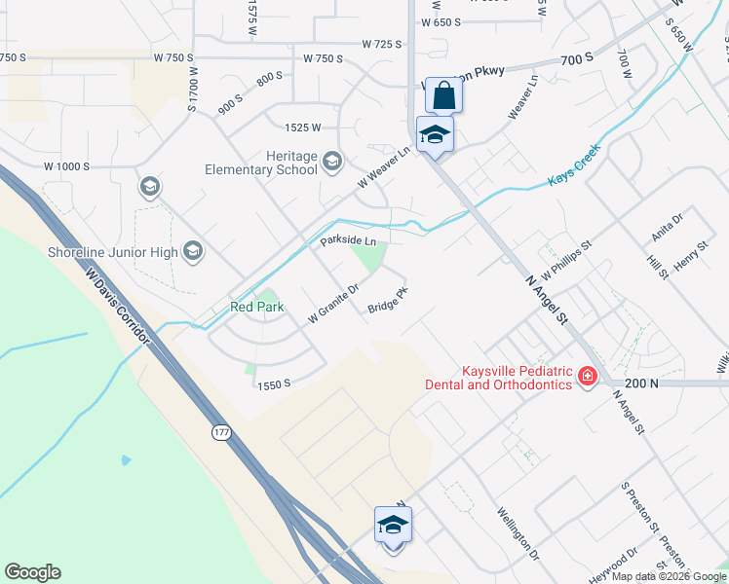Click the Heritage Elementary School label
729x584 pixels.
click(x=260, y=163)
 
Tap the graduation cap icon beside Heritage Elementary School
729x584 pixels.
click(x=332, y=161)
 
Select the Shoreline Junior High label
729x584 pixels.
click(x=112, y=253)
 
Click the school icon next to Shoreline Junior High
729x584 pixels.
click(x=193, y=252)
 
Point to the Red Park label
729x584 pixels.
click(x=256, y=307)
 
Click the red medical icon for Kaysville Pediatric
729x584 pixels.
click(x=588, y=376)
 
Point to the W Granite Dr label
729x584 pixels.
click(x=334, y=303)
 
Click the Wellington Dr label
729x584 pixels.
click(x=517, y=533)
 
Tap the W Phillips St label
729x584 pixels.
click(x=567, y=259)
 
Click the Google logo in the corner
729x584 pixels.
click(x=32, y=572)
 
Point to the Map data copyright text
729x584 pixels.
click(x=668, y=576)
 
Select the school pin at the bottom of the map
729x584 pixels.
click(x=394, y=526)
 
